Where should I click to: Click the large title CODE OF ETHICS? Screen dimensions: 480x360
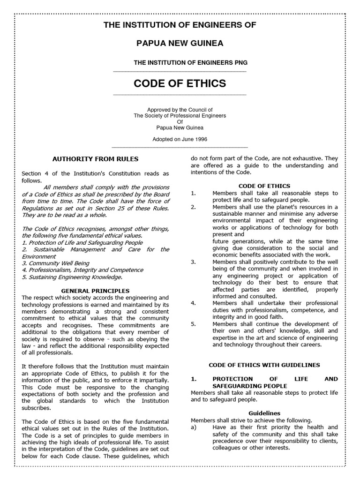pos(180,83)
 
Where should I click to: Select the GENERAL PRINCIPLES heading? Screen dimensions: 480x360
pos(95,291)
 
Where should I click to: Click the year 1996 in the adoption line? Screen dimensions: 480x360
pos(200,139)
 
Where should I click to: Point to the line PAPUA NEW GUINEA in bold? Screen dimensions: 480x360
pos(180,43)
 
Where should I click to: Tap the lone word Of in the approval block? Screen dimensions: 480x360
pos(180,121)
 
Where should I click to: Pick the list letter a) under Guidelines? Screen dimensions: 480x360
pos(194,427)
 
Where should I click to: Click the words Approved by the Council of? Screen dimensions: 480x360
pos(180,109)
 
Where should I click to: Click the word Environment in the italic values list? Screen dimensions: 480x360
pos(39,256)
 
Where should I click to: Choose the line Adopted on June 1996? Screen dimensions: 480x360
pos(180,139)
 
